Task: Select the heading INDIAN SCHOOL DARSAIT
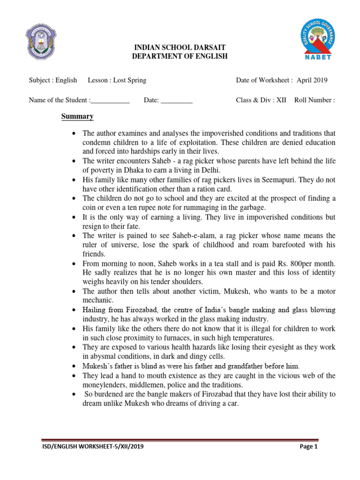coord(174,47)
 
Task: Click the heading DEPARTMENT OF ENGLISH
coord(174,56)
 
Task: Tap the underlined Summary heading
coord(77,117)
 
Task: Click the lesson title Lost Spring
coord(130,80)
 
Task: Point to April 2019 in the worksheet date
coord(312,80)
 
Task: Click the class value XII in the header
coord(281,100)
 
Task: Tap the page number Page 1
coord(308,447)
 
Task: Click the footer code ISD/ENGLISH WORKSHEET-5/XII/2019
coord(92,447)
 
